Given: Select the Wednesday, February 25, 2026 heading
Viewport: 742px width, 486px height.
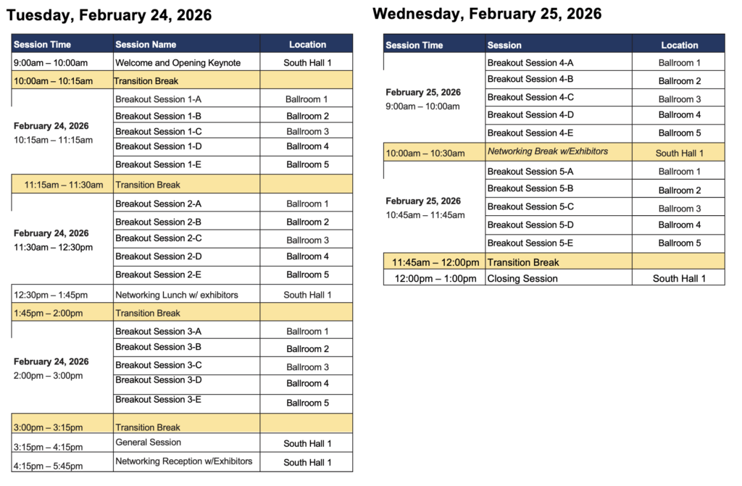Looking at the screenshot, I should click(487, 14).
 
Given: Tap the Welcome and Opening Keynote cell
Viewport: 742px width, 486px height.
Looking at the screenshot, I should click(178, 63).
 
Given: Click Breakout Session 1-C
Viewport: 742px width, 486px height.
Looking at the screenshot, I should click(159, 132).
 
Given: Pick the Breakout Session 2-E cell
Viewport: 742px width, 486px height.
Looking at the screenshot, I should click(159, 275).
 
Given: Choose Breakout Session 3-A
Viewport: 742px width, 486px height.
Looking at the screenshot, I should click(159, 332).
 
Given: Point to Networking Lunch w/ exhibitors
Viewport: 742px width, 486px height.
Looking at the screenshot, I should click(177, 295).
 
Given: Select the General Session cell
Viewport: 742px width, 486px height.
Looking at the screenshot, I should click(149, 443).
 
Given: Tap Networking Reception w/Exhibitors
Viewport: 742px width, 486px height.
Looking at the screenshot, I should click(184, 461).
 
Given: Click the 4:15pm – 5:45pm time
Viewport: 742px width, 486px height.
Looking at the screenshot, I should click(48, 466).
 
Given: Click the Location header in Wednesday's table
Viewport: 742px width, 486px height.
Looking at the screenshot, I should click(679, 45).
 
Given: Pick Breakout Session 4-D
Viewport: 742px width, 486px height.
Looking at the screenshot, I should click(530, 114).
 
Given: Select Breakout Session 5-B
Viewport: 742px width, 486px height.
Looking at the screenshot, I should click(530, 189).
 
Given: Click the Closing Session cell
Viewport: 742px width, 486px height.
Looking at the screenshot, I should click(522, 279).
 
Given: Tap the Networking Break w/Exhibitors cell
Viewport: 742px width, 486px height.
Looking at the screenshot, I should click(548, 151).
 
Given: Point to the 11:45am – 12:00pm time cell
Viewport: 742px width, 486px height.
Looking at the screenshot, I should click(435, 262).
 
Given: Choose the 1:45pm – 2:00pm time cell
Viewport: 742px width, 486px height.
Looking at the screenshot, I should click(48, 314).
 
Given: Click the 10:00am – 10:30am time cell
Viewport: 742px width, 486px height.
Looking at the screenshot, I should click(425, 153).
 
